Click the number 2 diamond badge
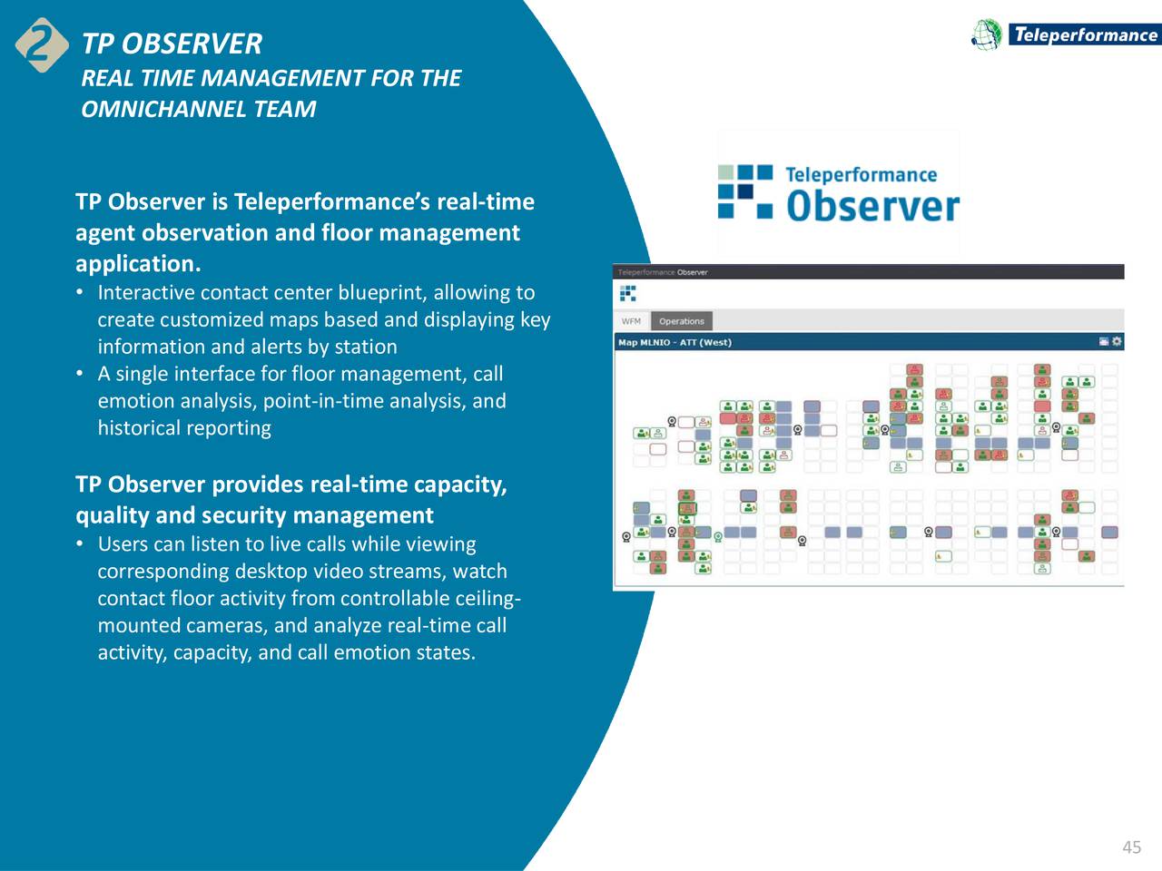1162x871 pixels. pos(41,44)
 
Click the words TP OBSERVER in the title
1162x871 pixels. pos(172,44)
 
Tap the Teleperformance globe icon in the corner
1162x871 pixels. pos(987,35)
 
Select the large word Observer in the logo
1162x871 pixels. pos(872,206)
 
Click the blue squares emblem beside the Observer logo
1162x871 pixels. pos(745,191)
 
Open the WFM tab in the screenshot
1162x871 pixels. pos(631,321)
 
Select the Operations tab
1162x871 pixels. pos(681,321)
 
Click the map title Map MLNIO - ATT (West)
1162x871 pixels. pos(675,342)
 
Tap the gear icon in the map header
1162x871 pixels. pos(1117,342)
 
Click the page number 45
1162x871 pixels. pos(1131,847)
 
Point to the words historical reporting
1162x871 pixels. pos(184,427)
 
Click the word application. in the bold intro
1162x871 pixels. pos(138,263)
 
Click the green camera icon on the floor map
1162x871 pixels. pos(718,536)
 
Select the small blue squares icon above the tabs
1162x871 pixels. pos(627,293)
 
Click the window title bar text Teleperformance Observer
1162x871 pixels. pos(662,272)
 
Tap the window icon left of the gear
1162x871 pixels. pos(1103,342)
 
